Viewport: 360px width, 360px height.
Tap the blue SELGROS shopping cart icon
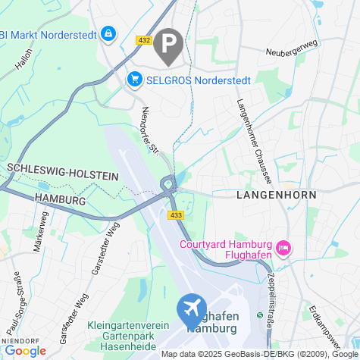[135, 79]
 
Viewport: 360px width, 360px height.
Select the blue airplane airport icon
[192, 309]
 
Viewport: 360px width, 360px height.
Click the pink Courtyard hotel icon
[284, 247]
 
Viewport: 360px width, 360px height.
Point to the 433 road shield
[177, 216]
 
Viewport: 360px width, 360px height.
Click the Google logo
[25, 350]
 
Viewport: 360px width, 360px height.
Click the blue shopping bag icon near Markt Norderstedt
[110, 34]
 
